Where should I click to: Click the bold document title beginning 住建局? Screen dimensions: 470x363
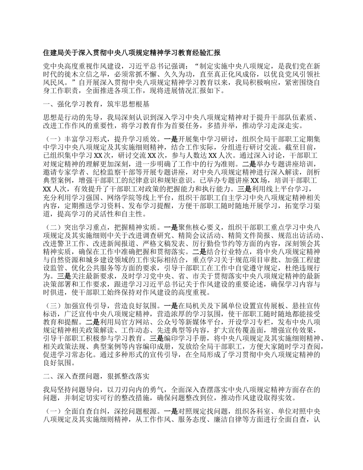pos(131,52)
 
